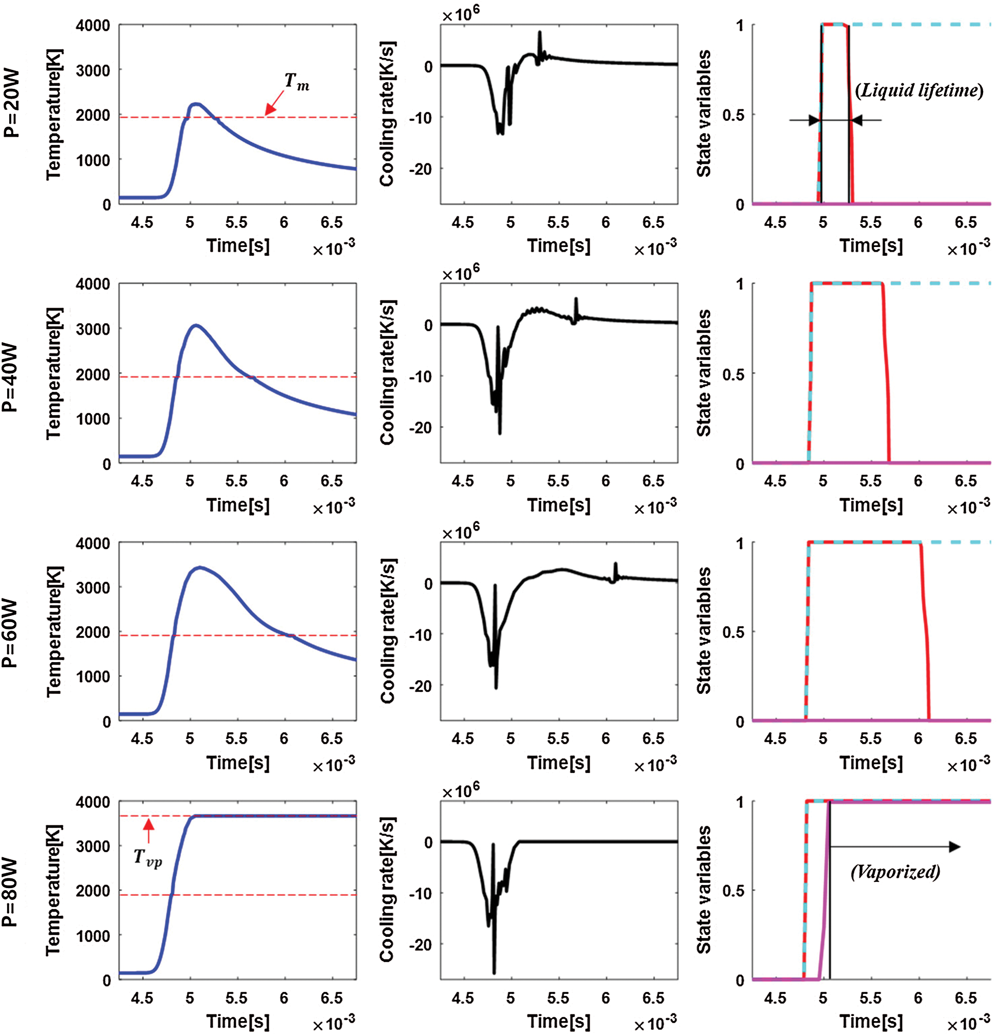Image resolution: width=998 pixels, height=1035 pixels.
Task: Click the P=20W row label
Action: point(12,103)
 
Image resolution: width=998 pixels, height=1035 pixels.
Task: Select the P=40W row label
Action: point(12,377)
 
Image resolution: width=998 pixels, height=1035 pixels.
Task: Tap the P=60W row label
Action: point(12,634)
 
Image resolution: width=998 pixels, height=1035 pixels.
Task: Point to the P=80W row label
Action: point(12,892)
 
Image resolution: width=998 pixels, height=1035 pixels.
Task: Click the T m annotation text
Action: point(297,82)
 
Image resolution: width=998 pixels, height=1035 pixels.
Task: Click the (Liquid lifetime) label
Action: point(919,91)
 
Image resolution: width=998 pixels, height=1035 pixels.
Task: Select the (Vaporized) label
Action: point(896,871)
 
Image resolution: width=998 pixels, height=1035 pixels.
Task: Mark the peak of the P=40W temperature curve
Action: point(196,325)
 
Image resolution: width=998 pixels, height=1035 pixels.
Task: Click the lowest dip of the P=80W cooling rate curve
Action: point(494,972)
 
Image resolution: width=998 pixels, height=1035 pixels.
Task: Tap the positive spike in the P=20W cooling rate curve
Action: point(540,33)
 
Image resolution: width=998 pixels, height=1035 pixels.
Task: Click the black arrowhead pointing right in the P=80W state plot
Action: point(954,847)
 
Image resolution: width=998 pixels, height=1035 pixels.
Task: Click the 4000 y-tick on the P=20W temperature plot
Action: point(93,25)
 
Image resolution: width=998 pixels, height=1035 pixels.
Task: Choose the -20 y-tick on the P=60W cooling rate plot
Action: point(420,686)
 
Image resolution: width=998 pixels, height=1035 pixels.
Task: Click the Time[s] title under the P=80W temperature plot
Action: point(238,1021)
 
